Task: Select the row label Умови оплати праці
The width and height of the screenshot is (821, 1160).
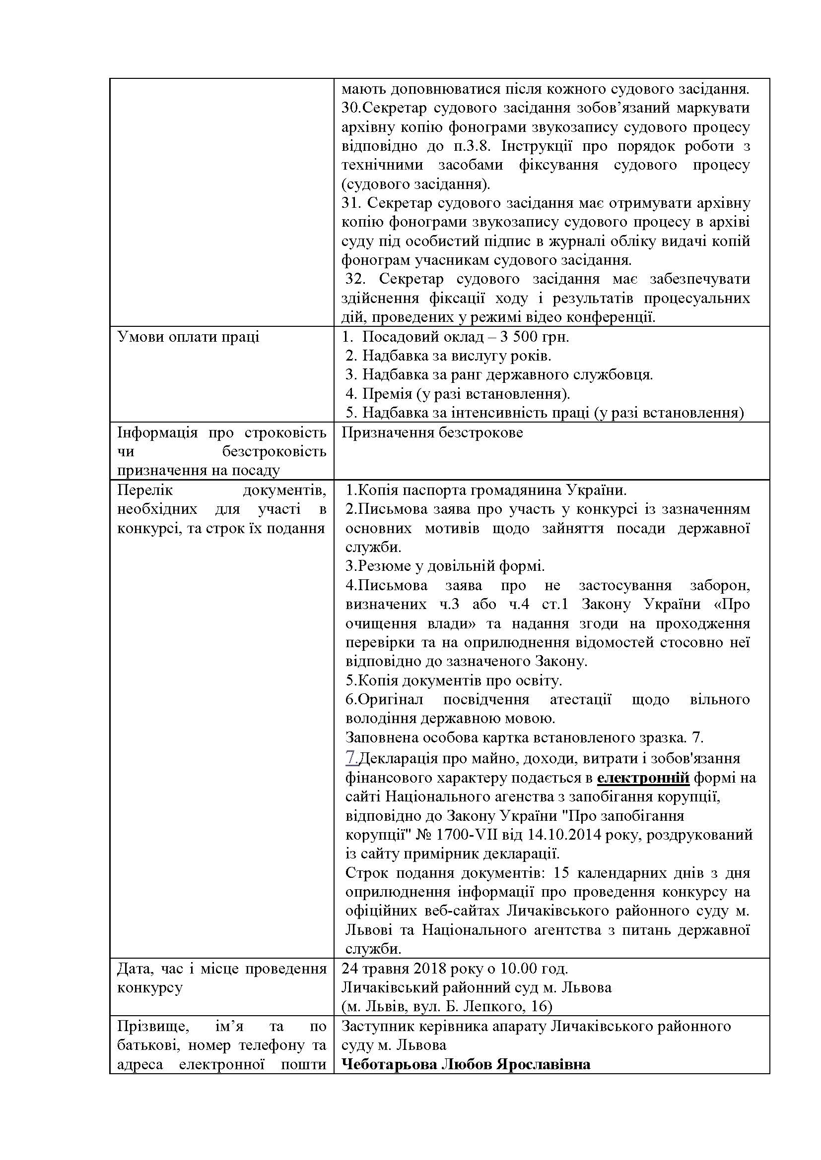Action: [188, 337]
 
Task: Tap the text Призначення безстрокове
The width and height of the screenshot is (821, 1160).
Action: [432, 433]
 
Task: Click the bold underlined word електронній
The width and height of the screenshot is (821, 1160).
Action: [643, 778]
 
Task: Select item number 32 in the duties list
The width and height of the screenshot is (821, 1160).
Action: [355, 279]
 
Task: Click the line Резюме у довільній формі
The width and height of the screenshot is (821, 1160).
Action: [445, 566]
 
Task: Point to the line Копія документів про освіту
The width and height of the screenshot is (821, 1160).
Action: [454, 681]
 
